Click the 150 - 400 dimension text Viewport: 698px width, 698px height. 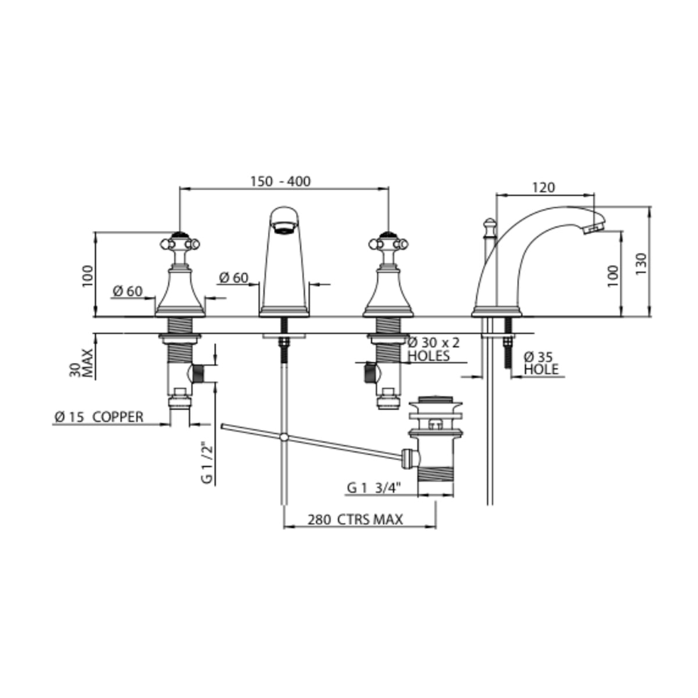point(280,181)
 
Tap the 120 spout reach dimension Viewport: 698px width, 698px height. point(543,187)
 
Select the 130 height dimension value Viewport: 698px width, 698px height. point(641,263)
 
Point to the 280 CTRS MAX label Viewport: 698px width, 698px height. point(355,520)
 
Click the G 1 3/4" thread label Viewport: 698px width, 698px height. point(374,488)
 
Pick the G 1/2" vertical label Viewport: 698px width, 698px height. point(207,462)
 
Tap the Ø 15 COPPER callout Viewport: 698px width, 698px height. point(99,417)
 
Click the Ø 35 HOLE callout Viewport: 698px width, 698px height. point(541,364)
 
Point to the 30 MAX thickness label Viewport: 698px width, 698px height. point(81,363)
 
